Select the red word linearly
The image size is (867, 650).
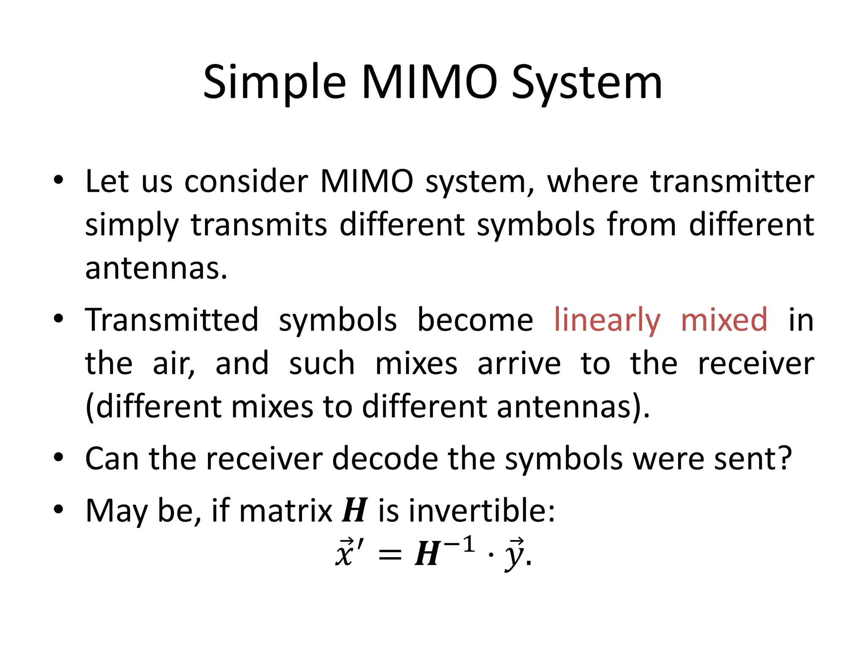[607, 320]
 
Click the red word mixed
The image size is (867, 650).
[724, 320]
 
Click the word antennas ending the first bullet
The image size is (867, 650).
[156, 269]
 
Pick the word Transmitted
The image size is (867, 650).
[171, 320]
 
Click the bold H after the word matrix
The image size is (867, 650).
[354, 511]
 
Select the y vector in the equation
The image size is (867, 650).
[514, 555]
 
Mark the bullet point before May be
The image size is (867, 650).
[58, 510]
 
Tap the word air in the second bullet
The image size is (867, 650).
[174, 364]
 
